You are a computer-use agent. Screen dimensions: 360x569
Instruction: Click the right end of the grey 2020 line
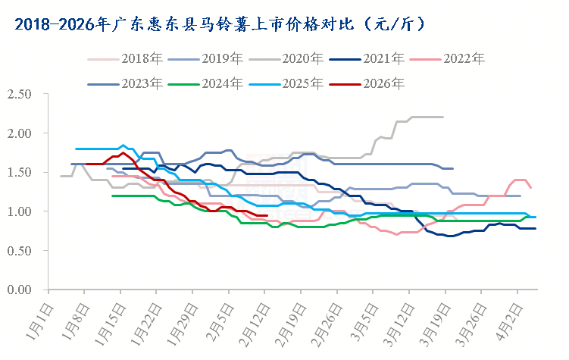(x=442, y=117)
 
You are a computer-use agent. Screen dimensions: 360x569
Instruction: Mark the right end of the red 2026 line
(x=267, y=215)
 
